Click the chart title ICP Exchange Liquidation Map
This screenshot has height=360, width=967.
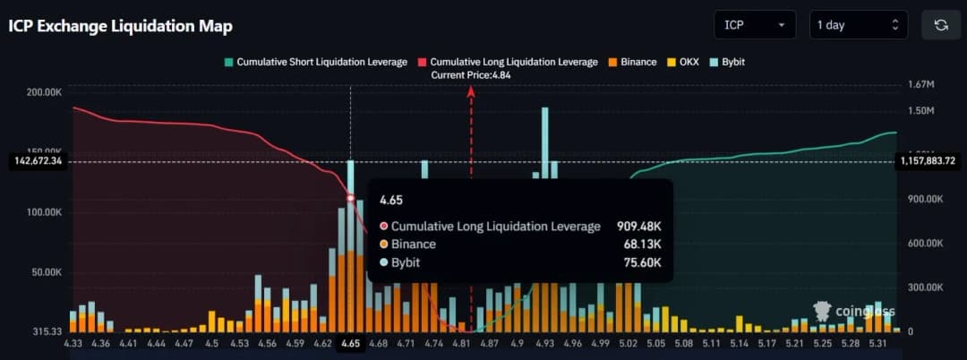click(121, 26)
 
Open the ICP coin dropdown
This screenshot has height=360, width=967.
click(755, 25)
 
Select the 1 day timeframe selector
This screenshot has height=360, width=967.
click(858, 25)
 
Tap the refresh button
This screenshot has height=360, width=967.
click(940, 25)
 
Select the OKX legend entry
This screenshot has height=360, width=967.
click(684, 62)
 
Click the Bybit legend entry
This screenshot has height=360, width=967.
click(727, 62)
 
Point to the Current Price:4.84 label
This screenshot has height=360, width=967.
click(471, 74)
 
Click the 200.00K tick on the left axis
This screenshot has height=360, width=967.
click(43, 92)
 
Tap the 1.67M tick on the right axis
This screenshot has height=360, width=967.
click(921, 84)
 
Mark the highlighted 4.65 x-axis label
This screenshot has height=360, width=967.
click(350, 343)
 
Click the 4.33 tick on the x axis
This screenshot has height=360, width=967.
click(74, 343)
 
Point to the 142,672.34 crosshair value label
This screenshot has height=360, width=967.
click(37, 161)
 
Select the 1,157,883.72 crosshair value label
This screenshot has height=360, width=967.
click(930, 161)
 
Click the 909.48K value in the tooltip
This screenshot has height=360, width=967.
click(639, 227)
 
